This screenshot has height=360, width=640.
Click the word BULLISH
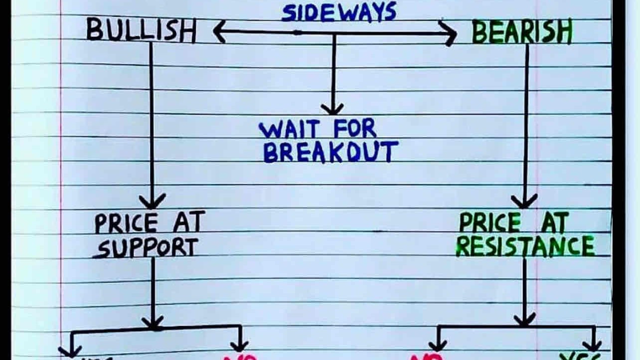141,31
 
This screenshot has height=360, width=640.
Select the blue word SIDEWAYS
339,12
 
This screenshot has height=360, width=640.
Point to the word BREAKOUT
330,152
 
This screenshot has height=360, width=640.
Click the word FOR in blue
354,130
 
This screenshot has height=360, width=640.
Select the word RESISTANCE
525,246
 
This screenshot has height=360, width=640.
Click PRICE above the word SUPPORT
126,224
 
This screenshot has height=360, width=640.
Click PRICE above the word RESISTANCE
490,223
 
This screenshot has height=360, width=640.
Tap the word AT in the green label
554,223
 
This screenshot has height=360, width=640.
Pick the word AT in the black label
188,223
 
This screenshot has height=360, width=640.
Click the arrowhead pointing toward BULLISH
218,32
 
